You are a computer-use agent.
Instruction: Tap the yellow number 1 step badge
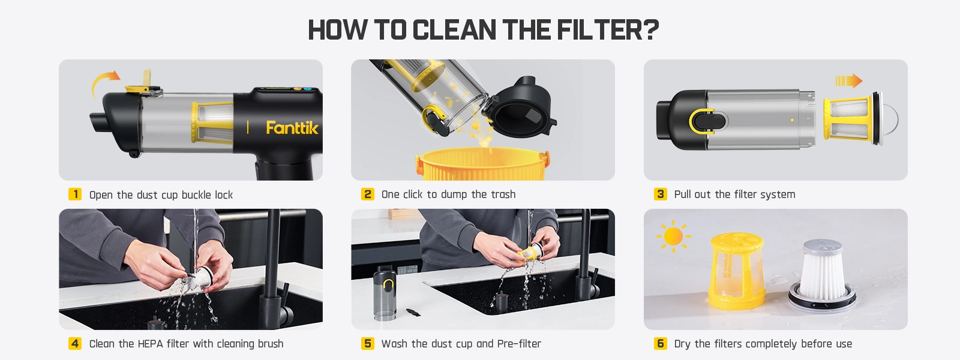[75, 194]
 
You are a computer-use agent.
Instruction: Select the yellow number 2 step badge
[367, 194]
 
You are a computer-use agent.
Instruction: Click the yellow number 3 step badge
[661, 194]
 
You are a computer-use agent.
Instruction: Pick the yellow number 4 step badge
[75, 343]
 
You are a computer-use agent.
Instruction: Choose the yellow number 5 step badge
[367, 343]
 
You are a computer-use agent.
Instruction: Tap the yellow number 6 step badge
[661, 343]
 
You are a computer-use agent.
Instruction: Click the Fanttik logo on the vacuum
[292, 128]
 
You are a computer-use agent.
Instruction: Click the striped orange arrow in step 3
[848, 80]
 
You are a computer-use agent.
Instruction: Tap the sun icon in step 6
[673, 236]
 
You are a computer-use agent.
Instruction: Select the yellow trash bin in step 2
[482, 164]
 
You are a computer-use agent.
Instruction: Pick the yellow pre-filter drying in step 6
[737, 271]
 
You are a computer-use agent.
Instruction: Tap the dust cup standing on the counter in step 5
[385, 293]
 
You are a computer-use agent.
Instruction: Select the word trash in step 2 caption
[503, 194]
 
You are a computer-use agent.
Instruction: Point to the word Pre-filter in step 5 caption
[519, 344]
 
